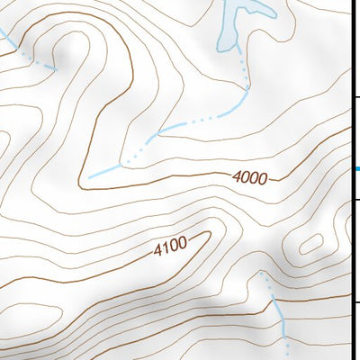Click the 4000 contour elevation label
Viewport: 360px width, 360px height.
pos(248,178)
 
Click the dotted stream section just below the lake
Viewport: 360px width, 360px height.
pos(242,67)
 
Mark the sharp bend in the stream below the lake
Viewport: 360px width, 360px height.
pos(245,90)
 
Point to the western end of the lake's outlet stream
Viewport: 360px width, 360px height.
pos(90,177)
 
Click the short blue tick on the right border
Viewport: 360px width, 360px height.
pos(356,168)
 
